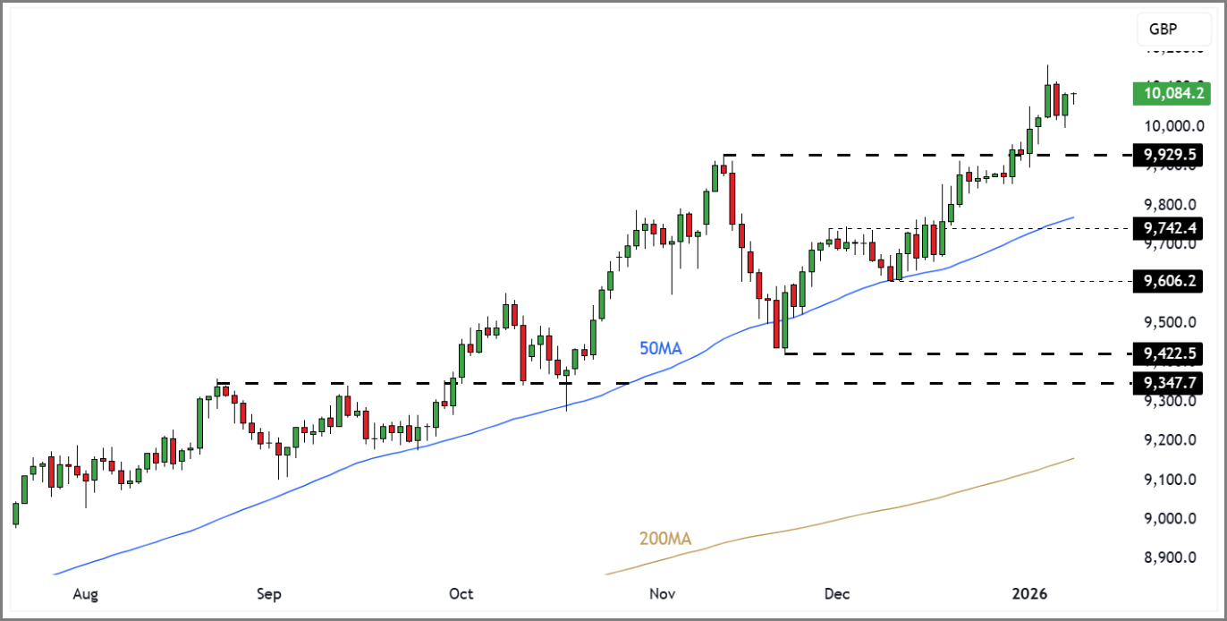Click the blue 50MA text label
pyautogui.click(x=660, y=349)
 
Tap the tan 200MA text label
pyautogui.click(x=664, y=540)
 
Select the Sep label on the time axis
pyautogui.click(x=269, y=594)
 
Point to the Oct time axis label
pyautogui.click(x=461, y=594)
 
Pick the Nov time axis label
pyautogui.click(x=662, y=594)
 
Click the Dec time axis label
pyautogui.click(x=838, y=594)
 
